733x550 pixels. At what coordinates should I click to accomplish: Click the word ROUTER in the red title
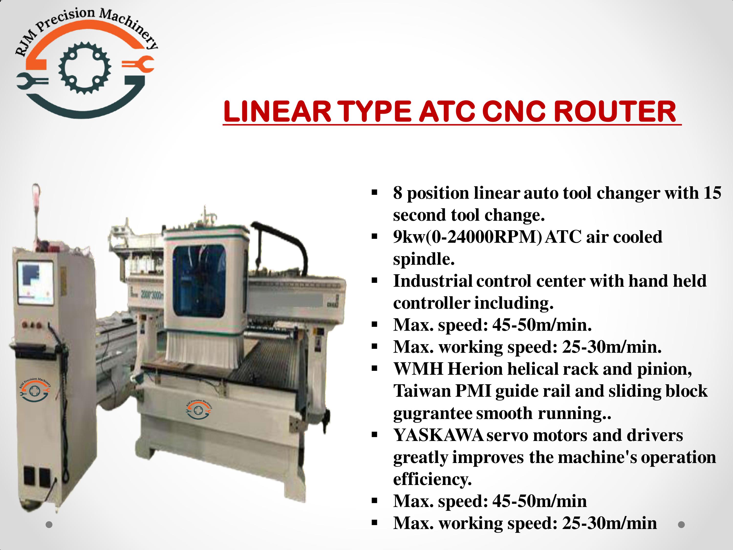point(615,111)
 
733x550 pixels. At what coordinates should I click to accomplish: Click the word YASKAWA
point(438,435)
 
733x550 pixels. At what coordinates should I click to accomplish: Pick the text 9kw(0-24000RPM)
point(468,237)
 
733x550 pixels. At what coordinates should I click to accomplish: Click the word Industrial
point(433,281)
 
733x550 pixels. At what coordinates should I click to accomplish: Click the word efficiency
point(432,479)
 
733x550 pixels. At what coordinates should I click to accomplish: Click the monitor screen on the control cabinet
point(35,283)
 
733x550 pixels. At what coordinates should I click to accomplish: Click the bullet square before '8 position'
point(375,192)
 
